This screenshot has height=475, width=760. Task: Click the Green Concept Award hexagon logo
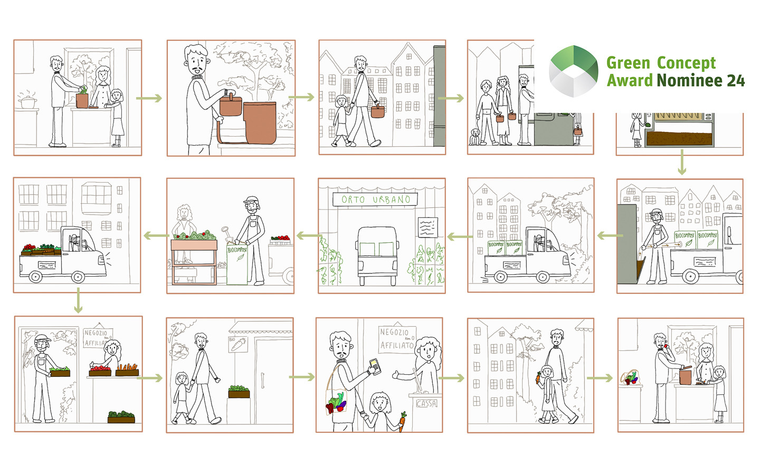click(x=573, y=71)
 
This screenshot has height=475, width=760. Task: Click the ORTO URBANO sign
click(x=375, y=199)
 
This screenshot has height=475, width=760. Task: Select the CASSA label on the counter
click(x=426, y=404)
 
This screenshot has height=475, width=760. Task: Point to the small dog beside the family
click(x=475, y=137)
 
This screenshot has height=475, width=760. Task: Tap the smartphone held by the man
click(x=374, y=365)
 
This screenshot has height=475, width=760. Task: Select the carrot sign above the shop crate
click(x=238, y=344)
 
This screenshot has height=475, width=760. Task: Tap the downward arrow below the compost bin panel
click(x=682, y=162)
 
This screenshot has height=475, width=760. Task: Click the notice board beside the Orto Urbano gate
click(x=427, y=227)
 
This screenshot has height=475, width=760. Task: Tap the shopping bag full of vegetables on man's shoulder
click(x=336, y=402)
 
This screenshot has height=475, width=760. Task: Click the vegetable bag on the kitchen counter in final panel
click(x=630, y=377)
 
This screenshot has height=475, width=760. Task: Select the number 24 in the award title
click(x=735, y=81)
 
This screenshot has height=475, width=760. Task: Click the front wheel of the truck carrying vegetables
click(x=78, y=276)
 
